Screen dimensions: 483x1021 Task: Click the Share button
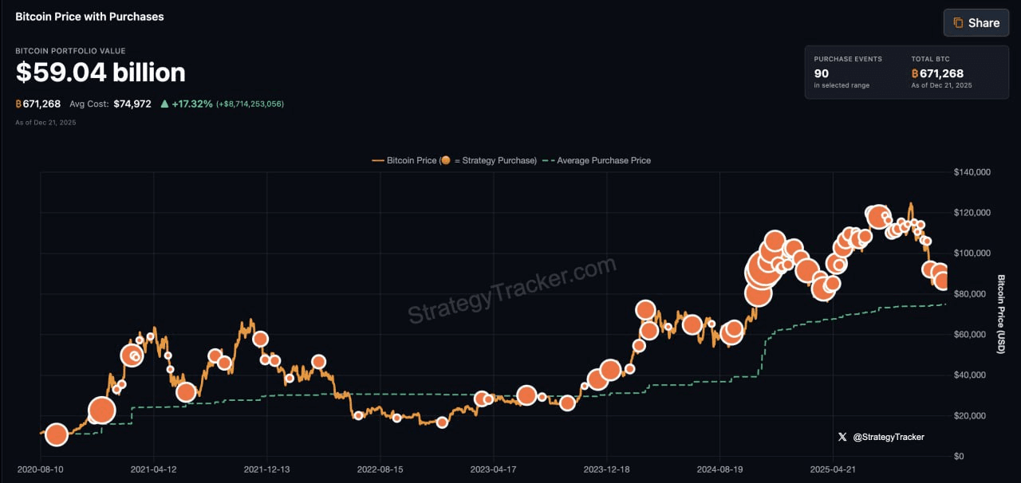pos(976,23)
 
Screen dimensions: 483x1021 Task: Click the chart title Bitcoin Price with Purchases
pos(89,16)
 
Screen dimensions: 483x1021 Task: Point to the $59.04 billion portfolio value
pos(101,73)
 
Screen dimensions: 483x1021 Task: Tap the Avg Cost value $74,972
pos(132,104)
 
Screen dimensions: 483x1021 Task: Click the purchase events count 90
pos(822,73)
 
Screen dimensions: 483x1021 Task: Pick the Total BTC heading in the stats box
pos(930,59)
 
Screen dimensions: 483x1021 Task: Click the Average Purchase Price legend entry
pos(603,160)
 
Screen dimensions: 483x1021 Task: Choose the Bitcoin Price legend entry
pos(412,160)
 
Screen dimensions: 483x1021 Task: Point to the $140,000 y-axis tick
pos(972,172)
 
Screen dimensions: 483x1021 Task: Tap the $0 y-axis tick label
pos(959,457)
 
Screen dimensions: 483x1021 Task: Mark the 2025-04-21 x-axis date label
pos(832,469)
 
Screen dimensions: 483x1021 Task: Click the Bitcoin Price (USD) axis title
pos(1001,315)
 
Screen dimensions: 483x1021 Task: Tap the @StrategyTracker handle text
pos(889,437)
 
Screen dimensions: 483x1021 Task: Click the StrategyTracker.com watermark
pos(512,291)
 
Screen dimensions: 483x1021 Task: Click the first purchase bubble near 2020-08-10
pos(56,434)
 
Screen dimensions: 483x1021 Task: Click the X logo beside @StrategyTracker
pos(842,437)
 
